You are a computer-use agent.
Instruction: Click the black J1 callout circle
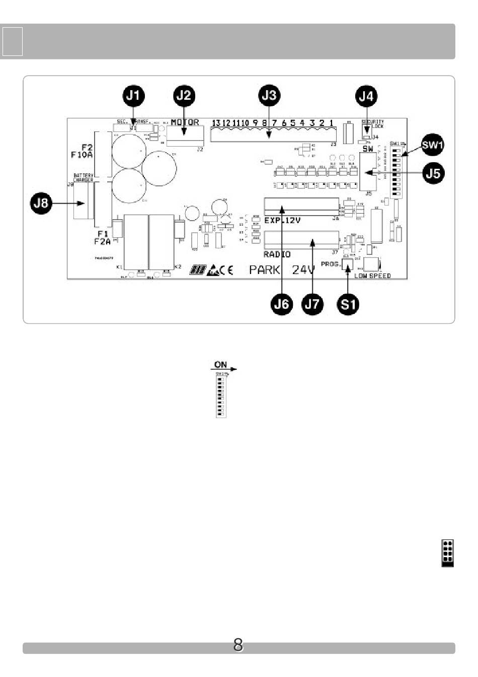[x=134, y=96]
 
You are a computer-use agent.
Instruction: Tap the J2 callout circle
[x=184, y=96]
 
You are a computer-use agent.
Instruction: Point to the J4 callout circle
[x=366, y=96]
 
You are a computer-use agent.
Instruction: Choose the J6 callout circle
[x=282, y=304]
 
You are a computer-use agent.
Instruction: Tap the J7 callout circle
[x=312, y=304]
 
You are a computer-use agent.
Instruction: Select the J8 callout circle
[x=41, y=204]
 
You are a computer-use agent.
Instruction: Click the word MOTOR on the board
[x=185, y=122]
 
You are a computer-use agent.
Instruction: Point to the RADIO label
[x=277, y=254]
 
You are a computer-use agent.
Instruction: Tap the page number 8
[x=238, y=645]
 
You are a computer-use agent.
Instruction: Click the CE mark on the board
[x=226, y=270]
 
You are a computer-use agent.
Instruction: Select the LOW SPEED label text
[x=372, y=276]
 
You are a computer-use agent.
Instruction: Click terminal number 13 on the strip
[x=216, y=123]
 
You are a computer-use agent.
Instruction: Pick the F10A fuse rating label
[x=82, y=155]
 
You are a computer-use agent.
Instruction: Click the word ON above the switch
[x=220, y=365]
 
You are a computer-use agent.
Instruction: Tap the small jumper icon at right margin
[x=447, y=553]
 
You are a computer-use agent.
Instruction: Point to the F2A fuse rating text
[x=102, y=242]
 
